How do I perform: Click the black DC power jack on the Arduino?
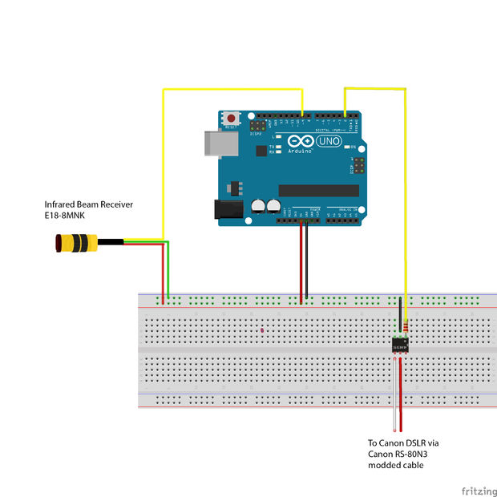228,209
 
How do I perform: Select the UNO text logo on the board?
329,142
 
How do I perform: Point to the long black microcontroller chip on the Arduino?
318,190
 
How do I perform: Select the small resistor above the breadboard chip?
407,326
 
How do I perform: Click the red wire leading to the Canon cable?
401,393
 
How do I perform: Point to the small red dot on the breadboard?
262,330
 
